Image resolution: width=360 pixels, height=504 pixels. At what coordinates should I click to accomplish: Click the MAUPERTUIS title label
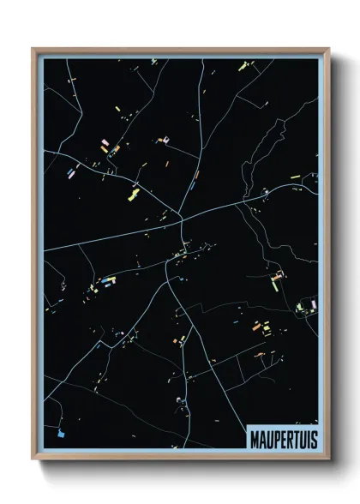coord(281,437)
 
